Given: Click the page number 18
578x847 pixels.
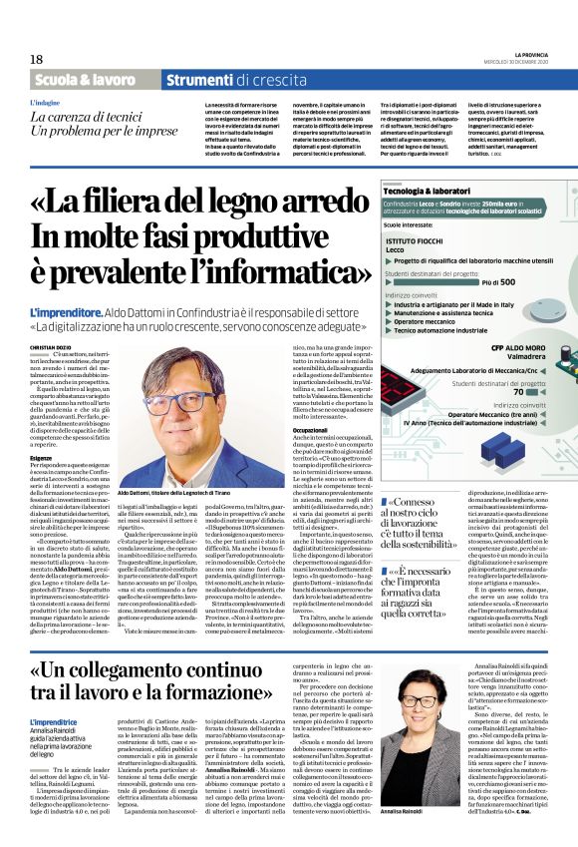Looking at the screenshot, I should click(x=36, y=59).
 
